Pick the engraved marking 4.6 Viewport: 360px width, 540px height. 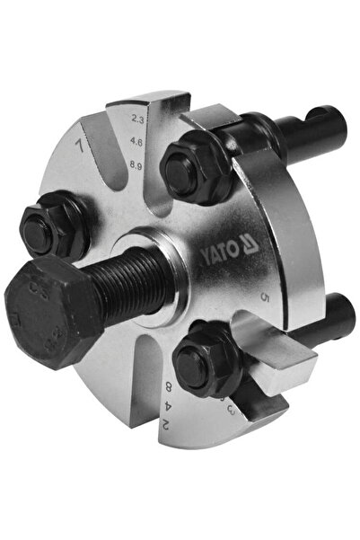click(136, 140)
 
